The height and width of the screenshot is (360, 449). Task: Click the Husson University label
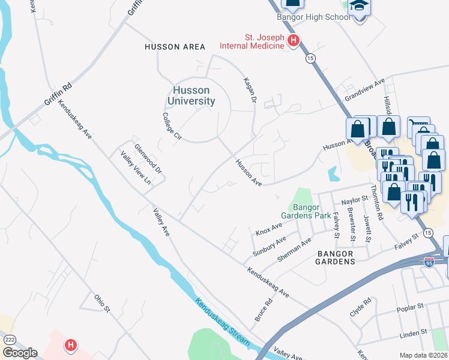click(191, 95)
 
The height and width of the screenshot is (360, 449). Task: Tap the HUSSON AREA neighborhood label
click(175, 47)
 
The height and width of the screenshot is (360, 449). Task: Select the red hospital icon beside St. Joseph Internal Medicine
click(293, 41)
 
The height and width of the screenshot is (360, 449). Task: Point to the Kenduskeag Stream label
click(222, 321)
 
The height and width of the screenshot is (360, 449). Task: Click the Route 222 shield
click(7, 340)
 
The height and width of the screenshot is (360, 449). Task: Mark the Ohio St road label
click(102, 302)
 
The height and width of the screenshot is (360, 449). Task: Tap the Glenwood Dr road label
click(148, 158)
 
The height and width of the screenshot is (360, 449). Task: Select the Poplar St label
click(411, 310)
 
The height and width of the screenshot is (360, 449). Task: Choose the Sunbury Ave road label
click(270, 245)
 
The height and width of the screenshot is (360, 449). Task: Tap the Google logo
click(19, 353)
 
